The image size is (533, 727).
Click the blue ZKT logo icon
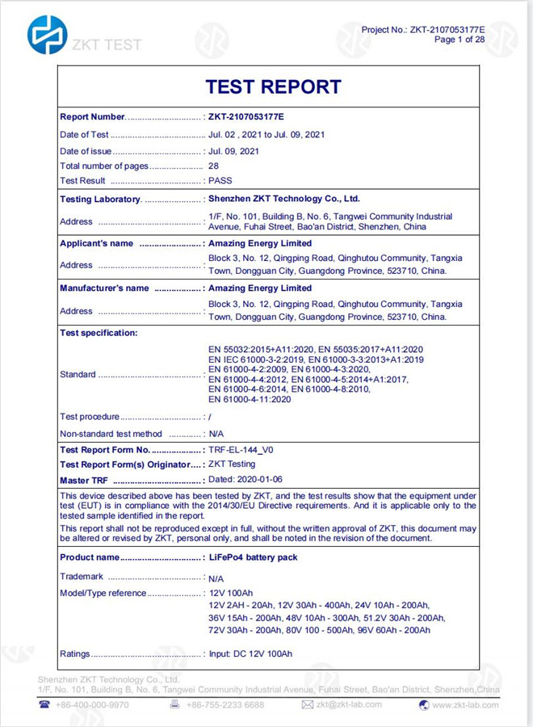[x=47, y=36]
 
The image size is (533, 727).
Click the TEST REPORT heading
[x=273, y=86]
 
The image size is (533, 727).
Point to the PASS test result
[x=220, y=181]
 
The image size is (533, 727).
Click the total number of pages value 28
[x=213, y=166]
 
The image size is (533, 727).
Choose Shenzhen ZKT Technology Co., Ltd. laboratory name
[x=284, y=198]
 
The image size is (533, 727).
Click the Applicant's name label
[x=96, y=243]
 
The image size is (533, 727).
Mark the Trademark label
[x=82, y=577]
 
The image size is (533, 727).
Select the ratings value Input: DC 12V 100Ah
[x=250, y=653]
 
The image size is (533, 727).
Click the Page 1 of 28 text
[x=460, y=40]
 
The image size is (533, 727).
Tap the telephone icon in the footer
[x=44, y=704]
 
